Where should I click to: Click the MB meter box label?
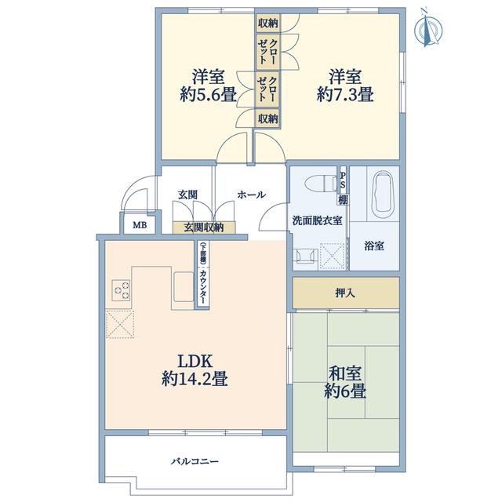tap(140, 225)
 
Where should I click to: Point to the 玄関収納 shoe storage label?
tap(204, 227)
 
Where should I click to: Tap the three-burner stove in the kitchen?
tap(121, 290)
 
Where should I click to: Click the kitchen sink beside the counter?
tap(183, 287)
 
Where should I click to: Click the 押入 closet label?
tap(345, 293)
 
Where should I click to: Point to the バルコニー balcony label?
tap(195, 461)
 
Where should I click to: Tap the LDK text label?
tap(195, 361)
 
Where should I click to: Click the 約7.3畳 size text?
tap(345, 94)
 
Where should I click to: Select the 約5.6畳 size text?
tap(208, 94)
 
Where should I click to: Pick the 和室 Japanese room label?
tap(345, 373)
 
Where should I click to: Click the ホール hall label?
tap(251, 195)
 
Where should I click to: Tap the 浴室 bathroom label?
tap(374, 246)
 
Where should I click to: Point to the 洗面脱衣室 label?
tap(317, 220)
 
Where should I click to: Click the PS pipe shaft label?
tap(343, 180)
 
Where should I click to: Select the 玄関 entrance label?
tap(187, 195)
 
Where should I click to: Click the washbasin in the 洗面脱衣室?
tap(306, 256)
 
